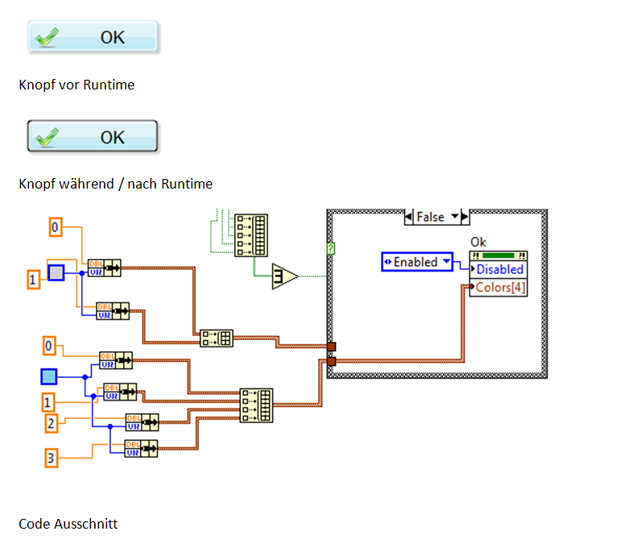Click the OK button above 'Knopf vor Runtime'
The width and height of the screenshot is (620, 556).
coord(93,37)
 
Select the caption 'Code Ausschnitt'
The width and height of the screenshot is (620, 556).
coord(68,524)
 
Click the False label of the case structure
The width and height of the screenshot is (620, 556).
coord(431,217)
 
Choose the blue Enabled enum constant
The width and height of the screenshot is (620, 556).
coord(416,262)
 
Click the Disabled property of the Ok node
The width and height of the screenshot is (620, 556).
coord(499,270)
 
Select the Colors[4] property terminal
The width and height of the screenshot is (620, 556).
coord(499,287)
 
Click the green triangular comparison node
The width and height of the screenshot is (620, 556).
coord(284,276)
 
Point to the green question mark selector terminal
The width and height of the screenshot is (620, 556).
coord(331,250)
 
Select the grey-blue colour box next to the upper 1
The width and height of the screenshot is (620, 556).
coord(56,272)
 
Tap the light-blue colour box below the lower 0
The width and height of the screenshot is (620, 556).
coord(49,376)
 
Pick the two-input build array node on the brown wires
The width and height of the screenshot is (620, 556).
coord(216,338)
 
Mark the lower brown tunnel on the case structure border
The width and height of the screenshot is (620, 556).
coord(331,361)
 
